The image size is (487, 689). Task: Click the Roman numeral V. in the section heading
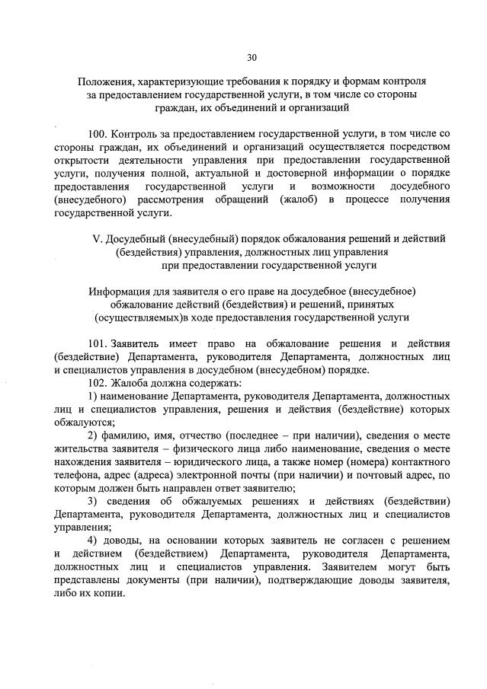click(x=96, y=238)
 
